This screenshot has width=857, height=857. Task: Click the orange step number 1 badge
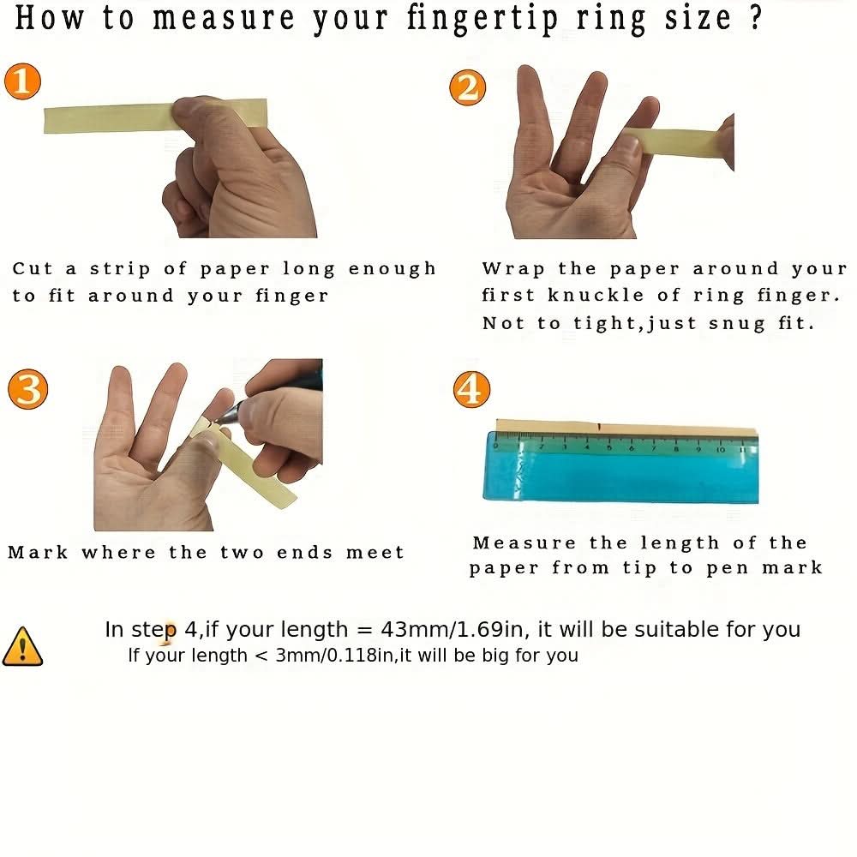pos(22,81)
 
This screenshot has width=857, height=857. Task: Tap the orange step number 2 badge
pos(467,87)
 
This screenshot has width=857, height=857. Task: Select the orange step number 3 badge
pos(28,389)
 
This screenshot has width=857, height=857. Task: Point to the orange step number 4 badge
pos(471,389)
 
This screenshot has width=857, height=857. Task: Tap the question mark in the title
pos(756,17)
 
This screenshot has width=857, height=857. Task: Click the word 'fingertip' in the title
pos(482,20)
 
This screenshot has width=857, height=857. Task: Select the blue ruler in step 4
pos(620,467)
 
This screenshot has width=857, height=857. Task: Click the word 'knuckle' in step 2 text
pos(596,295)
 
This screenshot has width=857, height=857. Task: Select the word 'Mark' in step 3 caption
pos(38,552)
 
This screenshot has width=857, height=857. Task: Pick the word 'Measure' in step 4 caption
pos(524,542)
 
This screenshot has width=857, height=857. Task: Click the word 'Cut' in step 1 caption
pos(33,268)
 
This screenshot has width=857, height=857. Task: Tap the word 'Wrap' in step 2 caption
pos(513,269)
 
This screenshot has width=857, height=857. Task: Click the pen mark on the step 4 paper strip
pos(600,426)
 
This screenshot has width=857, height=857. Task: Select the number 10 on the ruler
pos(721,449)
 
